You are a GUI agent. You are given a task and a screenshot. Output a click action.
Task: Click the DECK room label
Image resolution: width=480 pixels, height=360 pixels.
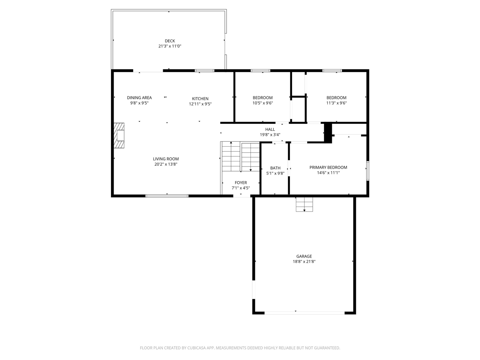coord(170,41)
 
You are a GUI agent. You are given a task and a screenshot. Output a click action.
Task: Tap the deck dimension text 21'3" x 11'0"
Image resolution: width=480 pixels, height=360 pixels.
coord(170,46)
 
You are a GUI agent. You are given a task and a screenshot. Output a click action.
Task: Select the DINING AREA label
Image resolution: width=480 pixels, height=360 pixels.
coord(139,98)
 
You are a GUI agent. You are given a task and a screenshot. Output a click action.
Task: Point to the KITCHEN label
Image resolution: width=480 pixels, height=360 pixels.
coord(200,99)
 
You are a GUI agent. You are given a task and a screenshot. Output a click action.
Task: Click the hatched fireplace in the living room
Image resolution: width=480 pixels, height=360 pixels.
coord(119,135)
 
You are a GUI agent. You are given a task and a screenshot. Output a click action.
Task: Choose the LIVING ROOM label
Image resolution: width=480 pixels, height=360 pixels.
coord(166,159)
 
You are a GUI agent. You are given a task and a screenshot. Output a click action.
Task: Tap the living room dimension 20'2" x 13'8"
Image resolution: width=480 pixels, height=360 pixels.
coord(166,164)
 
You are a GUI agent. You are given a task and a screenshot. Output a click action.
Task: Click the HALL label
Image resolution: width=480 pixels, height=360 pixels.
coord(270,129)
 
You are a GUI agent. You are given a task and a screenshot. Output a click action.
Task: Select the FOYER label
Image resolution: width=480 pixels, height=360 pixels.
coord(241,183)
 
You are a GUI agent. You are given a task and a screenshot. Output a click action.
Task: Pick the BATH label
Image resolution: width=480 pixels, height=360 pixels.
coord(275,168)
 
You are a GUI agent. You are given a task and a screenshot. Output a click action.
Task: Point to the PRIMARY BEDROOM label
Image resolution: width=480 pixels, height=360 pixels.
coord(328,167)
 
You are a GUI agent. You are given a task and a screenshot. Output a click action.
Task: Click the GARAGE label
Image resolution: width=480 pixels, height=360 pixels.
coord(304,256)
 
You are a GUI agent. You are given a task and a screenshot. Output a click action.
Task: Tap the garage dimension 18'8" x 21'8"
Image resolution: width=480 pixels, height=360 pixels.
coord(304,261)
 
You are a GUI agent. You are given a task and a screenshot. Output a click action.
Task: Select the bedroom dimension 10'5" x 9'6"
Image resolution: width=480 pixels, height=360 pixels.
coord(262,103)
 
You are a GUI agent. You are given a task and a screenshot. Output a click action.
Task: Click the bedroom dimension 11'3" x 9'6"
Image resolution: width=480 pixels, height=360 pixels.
coord(336,103)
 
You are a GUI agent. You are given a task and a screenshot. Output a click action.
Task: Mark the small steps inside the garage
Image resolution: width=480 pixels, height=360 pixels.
coord(304,204)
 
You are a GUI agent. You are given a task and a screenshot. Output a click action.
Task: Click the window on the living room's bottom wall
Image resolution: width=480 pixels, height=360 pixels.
coord(167,196)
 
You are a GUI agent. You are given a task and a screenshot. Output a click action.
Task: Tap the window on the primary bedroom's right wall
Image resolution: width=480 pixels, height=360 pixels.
coord(368,171)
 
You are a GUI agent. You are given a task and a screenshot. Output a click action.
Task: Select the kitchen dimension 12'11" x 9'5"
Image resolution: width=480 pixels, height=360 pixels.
coord(200,104)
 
